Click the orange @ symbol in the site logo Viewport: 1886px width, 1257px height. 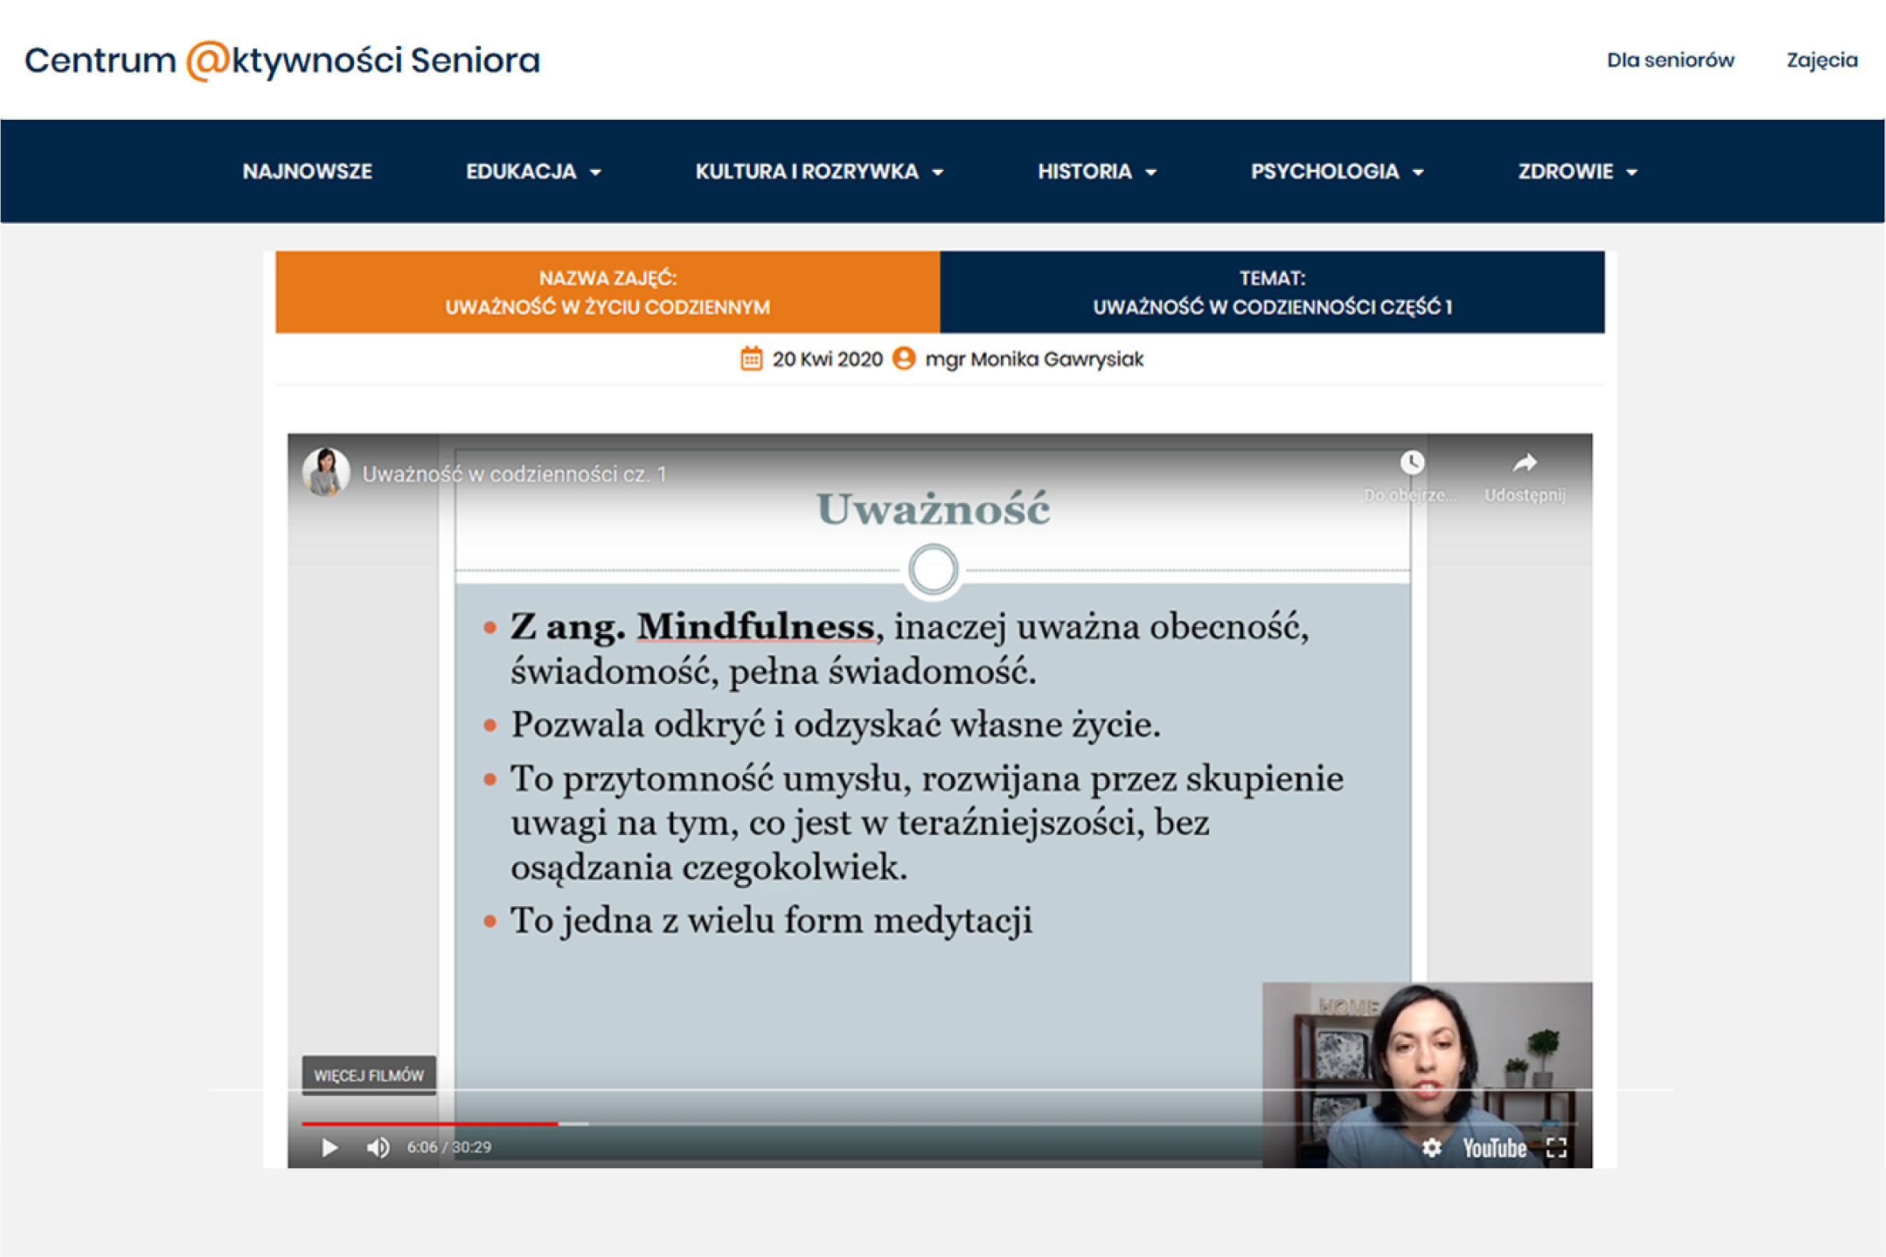pyautogui.click(x=208, y=61)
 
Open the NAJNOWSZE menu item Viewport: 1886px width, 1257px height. pyautogui.click(x=307, y=171)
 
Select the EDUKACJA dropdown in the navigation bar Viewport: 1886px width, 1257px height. pyautogui.click(x=533, y=171)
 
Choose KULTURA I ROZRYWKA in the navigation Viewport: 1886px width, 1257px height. pyautogui.click(x=818, y=171)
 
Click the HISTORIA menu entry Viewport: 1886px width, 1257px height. pyautogui.click(x=1097, y=171)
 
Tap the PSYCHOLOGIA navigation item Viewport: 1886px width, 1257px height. pyautogui.click(x=1337, y=171)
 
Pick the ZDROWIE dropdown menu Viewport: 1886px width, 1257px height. pyautogui.click(x=1577, y=171)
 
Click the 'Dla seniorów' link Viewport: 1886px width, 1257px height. pyautogui.click(x=1670, y=60)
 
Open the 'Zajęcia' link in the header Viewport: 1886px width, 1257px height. pyautogui.click(x=1822, y=61)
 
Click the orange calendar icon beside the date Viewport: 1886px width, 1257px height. pyautogui.click(x=752, y=359)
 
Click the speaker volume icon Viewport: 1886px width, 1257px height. pyautogui.click(x=379, y=1148)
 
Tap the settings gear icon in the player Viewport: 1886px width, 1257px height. pyautogui.click(x=1432, y=1148)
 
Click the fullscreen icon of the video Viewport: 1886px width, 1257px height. pyautogui.click(x=1557, y=1148)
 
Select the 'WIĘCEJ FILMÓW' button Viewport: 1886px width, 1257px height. pyautogui.click(x=369, y=1075)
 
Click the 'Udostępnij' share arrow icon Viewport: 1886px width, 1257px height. pyautogui.click(x=1524, y=463)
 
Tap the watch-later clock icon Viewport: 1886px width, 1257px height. pyautogui.click(x=1412, y=462)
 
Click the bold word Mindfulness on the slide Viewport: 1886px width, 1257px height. pyautogui.click(x=756, y=626)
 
